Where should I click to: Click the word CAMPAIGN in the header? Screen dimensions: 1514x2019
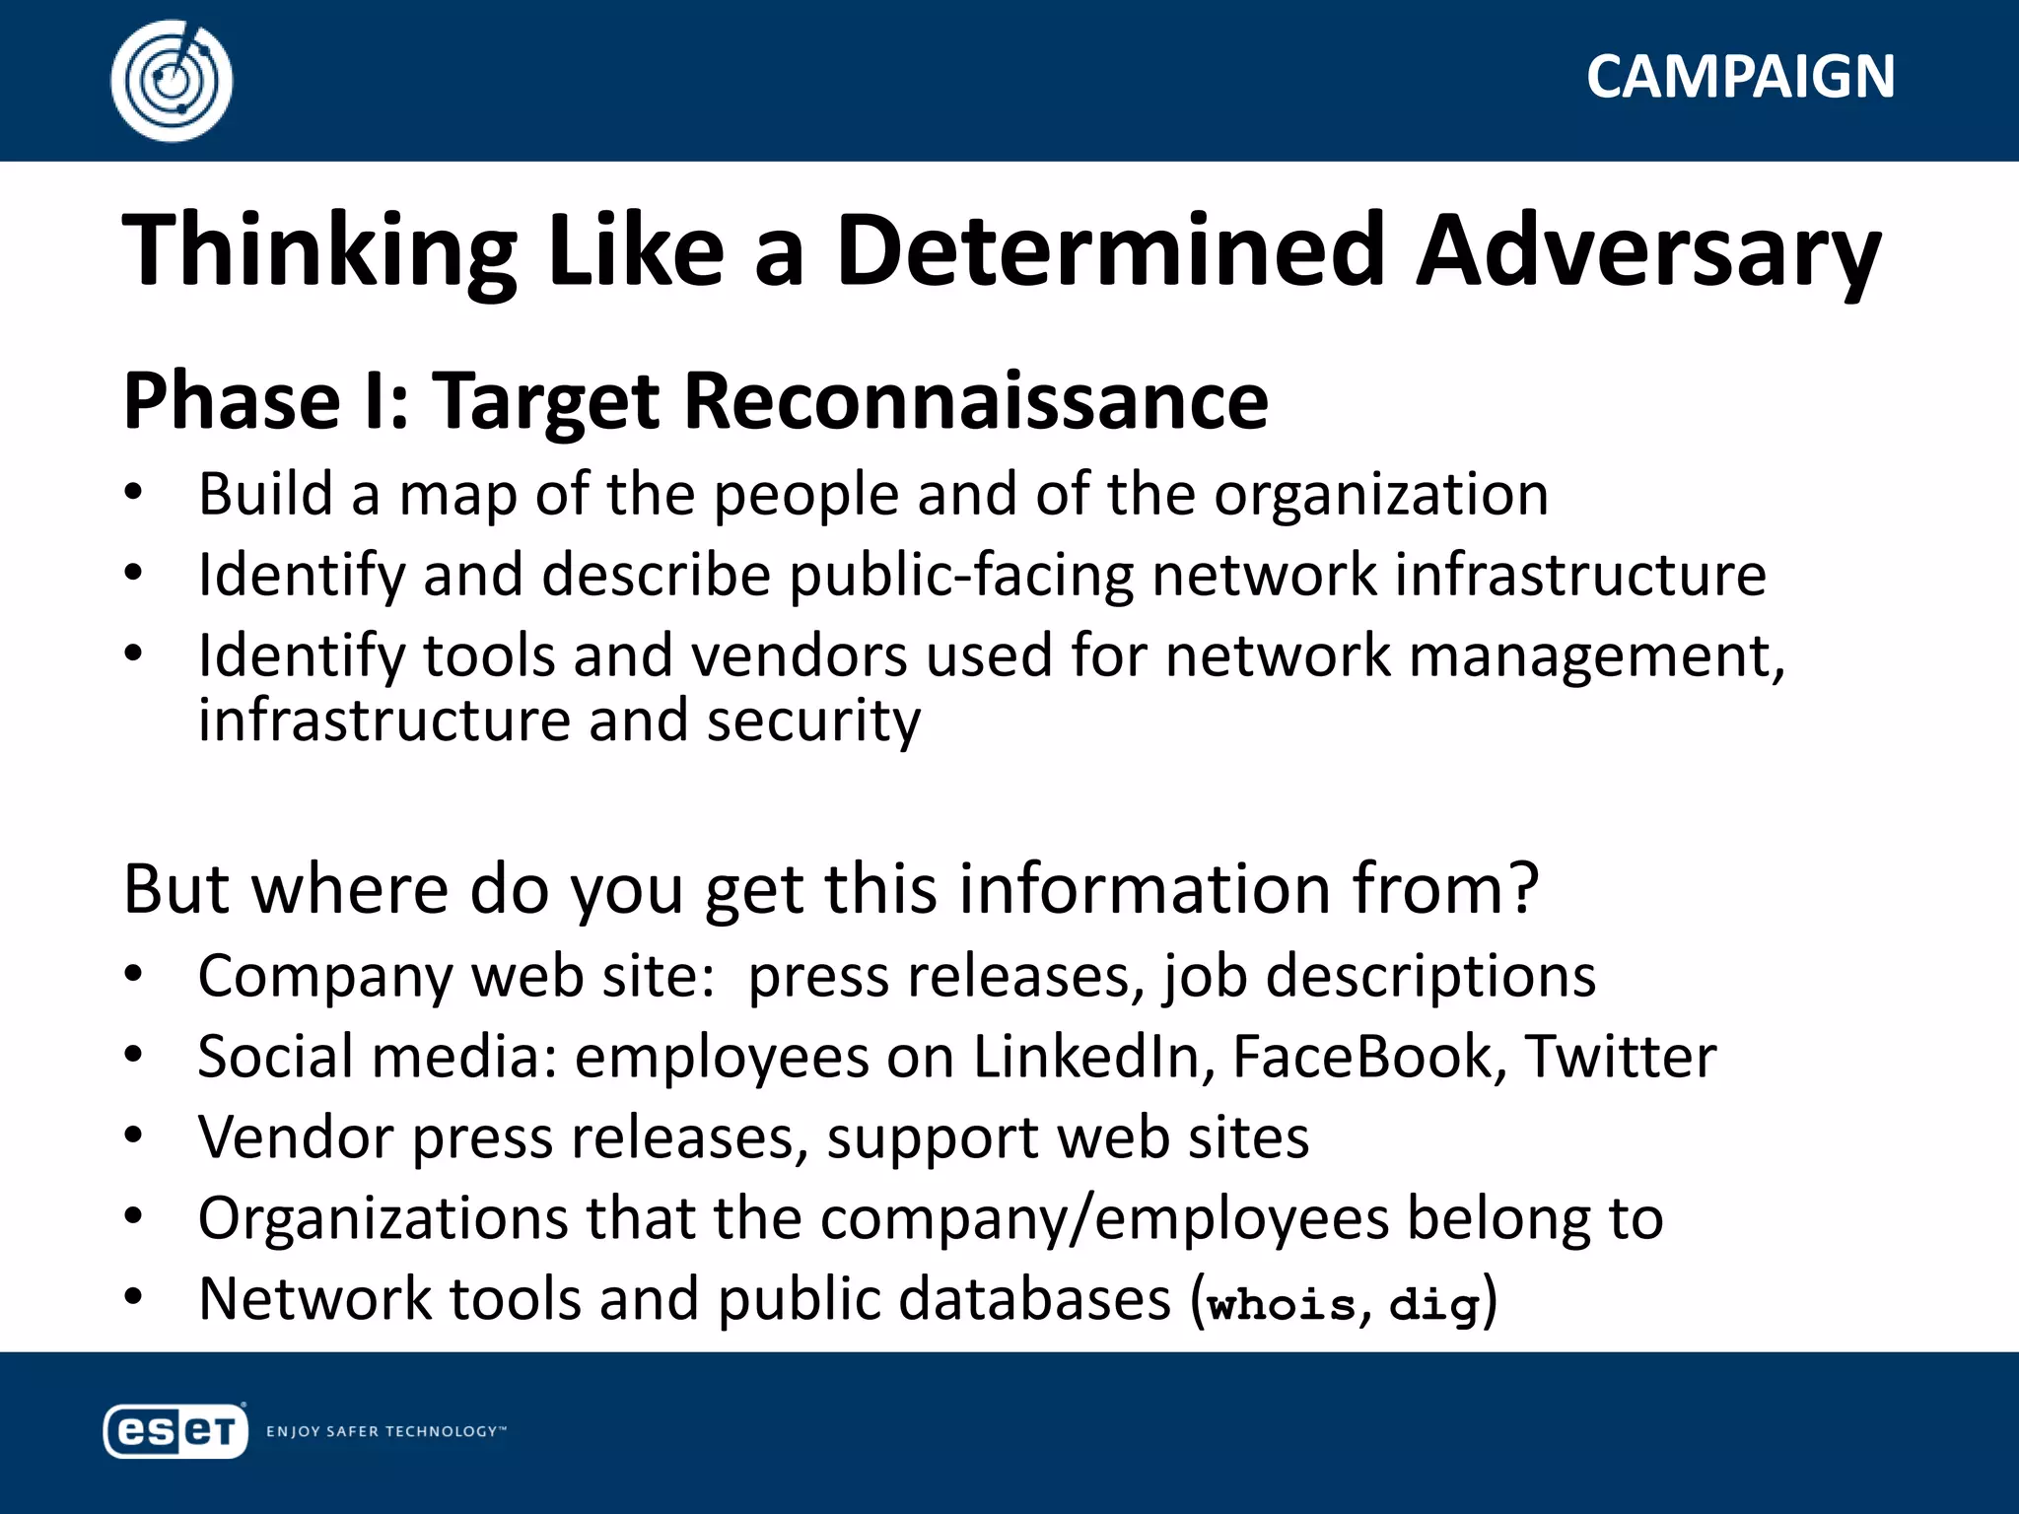point(1740,77)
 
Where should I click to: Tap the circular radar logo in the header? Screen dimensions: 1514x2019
point(172,81)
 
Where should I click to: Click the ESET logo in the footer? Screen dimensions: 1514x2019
point(175,1430)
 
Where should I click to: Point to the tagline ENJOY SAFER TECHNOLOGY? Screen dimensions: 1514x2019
point(385,1431)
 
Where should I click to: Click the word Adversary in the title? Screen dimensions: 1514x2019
point(1647,251)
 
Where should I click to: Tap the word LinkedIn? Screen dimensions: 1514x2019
point(1093,1057)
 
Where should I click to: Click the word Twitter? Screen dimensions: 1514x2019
point(1621,1057)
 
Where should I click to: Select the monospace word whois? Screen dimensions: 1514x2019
point(1282,1304)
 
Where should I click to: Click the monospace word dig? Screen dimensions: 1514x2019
point(1434,1304)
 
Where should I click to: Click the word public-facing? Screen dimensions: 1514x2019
point(961,575)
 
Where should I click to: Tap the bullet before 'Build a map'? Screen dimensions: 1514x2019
point(134,493)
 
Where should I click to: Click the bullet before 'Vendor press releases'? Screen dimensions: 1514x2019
point(134,1136)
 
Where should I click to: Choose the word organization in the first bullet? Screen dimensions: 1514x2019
point(1381,494)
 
